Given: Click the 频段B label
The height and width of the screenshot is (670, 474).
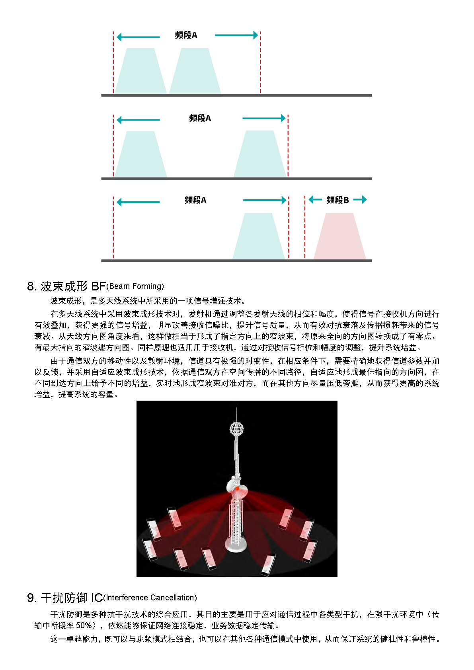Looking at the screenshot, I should pyautogui.click(x=337, y=200).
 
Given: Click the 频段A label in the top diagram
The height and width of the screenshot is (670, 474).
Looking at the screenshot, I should pyautogui.click(x=186, y=35).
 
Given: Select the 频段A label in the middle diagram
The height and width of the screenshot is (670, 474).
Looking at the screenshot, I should pyautogui.click(x=200, y=118).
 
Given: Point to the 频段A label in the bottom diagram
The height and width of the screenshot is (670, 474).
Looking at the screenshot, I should pyautogui.click(x=195, y=200).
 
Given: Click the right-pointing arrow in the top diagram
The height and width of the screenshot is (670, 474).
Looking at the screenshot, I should pyautogui.click(x=236, y=35).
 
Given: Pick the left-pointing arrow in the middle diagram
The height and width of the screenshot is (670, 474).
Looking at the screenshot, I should pyautogui.click(x=138, y=120).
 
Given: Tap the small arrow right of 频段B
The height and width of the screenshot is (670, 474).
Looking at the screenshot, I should pyautogui.click(x=360, y=200).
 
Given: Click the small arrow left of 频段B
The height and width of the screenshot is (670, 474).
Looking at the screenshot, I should pyautogui.click(x=315, y=200).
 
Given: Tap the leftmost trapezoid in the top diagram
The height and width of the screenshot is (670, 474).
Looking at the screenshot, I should pyautogui.click(x=140, y=72).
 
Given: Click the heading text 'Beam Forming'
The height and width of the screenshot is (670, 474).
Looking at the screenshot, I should pyautogui.click(x=135, y=286).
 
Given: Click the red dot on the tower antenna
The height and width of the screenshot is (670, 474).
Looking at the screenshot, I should pyautogui.click(x=237, y=488).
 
